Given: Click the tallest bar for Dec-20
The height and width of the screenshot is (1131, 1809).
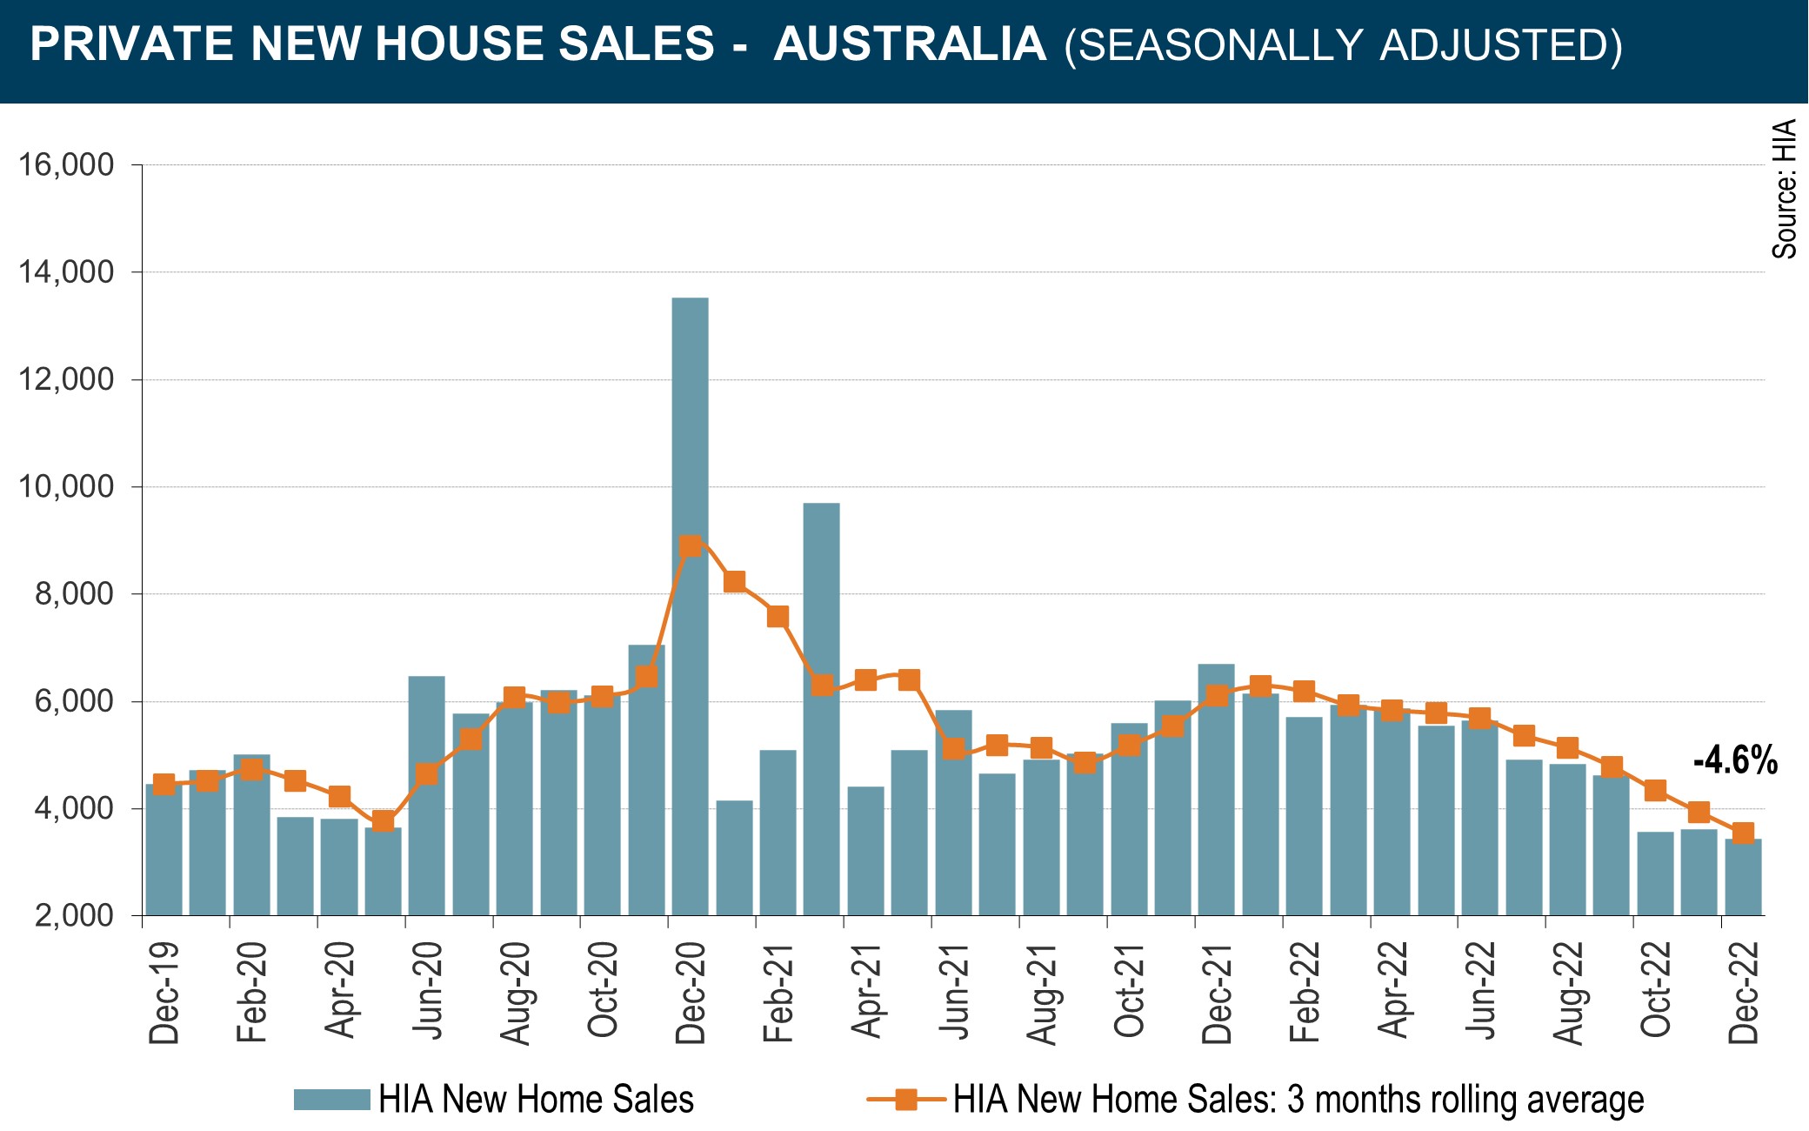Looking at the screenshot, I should [690, 609].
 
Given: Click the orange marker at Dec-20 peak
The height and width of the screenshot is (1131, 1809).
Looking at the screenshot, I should [691, 546].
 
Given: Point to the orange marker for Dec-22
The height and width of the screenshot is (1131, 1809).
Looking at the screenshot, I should [1743, 833].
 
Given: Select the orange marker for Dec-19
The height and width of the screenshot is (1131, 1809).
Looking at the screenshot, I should [164, 784].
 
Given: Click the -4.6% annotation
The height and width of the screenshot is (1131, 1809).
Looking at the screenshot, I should [1735, 761].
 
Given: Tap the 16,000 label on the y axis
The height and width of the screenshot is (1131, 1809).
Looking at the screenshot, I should [67, 164].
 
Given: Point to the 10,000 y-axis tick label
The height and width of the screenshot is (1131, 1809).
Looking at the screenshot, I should [67, 487].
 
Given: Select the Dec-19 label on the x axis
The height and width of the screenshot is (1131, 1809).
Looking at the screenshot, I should [164, 993].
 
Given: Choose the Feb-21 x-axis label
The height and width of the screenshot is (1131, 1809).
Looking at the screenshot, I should [778, 993].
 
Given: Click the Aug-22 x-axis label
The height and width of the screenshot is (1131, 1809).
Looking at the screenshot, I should [1567, 993].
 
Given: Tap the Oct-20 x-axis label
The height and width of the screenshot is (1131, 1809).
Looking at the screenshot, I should [602, 993].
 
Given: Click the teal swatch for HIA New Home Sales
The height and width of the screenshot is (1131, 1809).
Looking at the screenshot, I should [331, 1100].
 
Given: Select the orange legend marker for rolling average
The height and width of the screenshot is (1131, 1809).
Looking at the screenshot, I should [906, 1100].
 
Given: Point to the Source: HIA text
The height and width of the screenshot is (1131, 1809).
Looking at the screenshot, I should [1785, 189].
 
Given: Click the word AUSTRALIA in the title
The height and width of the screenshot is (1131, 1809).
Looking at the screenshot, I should [910, 44].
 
